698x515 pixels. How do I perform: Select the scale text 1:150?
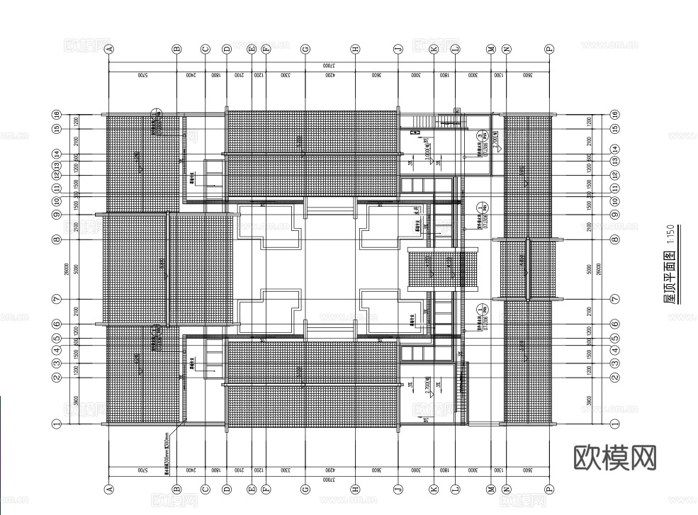[x=670, y=235]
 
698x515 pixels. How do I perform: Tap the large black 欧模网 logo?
[x=614, y=457]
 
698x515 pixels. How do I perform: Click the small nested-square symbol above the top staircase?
[x=457, y=111]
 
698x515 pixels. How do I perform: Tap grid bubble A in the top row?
[x=109, y=50]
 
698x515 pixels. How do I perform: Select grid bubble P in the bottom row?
[x=549, y=489]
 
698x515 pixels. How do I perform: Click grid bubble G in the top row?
[x=305, y=50]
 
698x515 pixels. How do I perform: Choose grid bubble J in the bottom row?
[x=398, y=489]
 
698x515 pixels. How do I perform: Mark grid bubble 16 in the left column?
[x=57, y=115]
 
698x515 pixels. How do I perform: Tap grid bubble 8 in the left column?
[x=57, y=239]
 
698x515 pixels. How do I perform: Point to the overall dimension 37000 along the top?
[x=328, y=64]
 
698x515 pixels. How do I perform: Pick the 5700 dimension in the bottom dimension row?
[x=142, y=470]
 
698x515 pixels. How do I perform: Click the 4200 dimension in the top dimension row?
[x=330, y=74]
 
